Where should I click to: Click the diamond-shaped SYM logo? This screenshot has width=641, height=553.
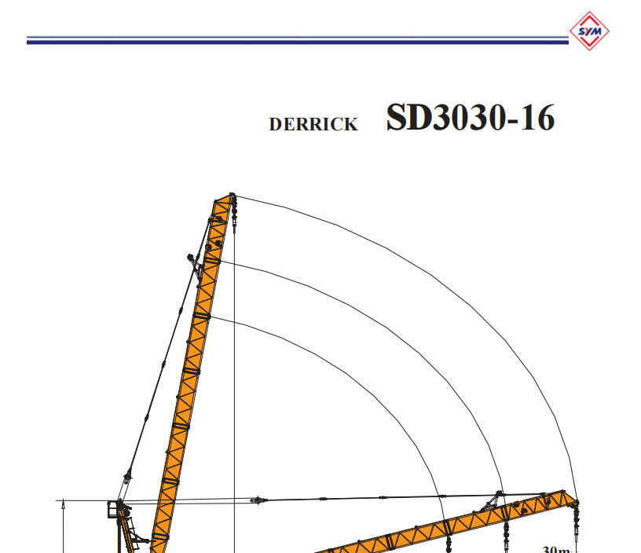point(589,31)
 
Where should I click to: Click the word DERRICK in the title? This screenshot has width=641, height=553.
point(313,124)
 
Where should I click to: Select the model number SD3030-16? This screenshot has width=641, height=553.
point(470,118)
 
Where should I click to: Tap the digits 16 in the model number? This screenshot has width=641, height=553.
point(537,118)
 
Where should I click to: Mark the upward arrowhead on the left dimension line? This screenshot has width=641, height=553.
point(62,507)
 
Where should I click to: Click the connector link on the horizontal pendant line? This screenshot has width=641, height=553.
point(255,500)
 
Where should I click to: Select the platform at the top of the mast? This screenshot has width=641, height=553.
point(115,511)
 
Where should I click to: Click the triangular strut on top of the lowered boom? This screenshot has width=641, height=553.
point(495,500)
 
